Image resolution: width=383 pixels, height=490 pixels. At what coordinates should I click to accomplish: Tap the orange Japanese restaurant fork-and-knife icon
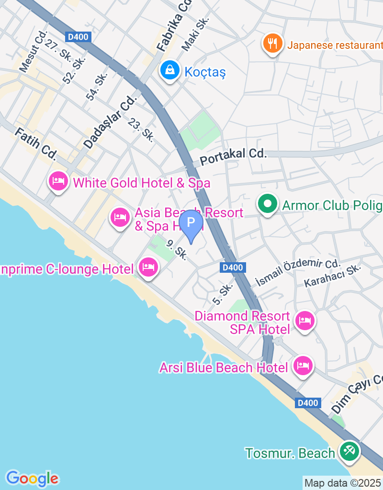[x=272, y=44]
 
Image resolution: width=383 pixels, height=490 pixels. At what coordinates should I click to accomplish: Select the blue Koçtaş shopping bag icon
[x=169, y=71]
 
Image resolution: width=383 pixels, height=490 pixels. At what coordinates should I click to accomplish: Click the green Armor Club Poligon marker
[x=268, y=204]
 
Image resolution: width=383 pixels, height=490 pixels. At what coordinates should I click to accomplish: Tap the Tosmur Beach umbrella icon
[x=349, y=451]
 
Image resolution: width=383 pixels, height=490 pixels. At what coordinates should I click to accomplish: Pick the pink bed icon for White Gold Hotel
[x=58, y=182]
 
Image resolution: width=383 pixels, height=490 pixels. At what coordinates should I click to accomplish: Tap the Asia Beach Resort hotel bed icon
[x=120, y=218]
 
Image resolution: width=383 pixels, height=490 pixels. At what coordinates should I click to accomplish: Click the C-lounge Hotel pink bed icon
[x=148, y=267]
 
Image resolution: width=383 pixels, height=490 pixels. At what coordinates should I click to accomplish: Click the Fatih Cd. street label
[x=36, y=144]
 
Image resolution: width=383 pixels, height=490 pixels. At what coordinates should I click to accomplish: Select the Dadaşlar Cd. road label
[x=110, y=122]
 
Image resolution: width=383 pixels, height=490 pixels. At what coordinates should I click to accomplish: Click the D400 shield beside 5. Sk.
[x=233, y=267]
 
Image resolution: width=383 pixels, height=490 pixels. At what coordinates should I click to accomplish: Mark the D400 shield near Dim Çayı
[x=307, y=403]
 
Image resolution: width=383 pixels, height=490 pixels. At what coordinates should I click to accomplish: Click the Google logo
[x=32, y=478]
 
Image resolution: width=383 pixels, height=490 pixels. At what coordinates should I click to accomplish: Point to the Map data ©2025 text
[x=343, y=483]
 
